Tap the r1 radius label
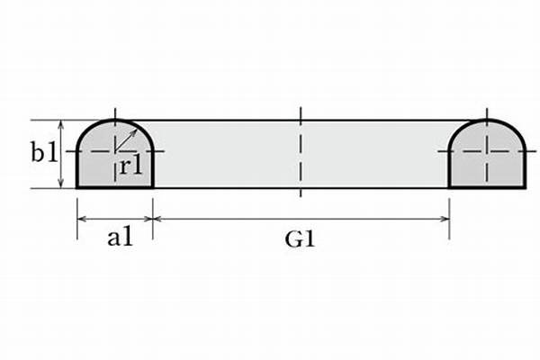click(130, 167)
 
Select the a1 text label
click(121, 238)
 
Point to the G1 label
click(301, 239)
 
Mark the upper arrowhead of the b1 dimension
click(60, 124)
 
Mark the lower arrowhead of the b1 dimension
click(60, 184)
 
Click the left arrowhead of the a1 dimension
click(81, 218)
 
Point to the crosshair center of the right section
click(487, 151)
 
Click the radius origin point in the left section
click(114, 151)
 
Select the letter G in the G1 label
click(293, 239)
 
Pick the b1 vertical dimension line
click(60, 154)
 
